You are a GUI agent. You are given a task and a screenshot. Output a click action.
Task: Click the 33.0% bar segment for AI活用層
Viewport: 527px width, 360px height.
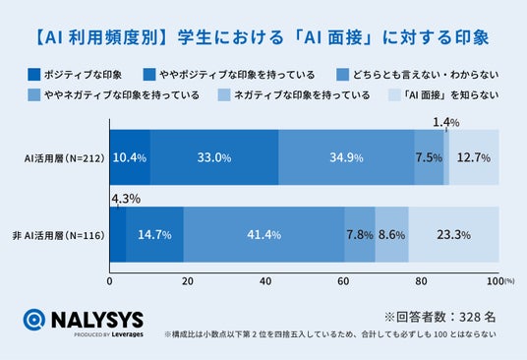click(214, 157)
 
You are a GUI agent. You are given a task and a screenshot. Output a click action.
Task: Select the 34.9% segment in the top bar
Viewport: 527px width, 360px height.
click(346, 157)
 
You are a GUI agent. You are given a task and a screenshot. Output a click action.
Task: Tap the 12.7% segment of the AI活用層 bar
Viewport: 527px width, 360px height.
click(474, 157)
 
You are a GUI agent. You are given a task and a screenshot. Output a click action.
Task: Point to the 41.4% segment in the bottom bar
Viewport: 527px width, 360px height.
click(263, 234)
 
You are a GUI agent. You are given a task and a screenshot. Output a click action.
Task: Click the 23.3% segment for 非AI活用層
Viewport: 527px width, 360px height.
click(453, 234)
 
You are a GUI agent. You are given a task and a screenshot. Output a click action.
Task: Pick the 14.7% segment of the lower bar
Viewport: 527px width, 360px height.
click(155, 234)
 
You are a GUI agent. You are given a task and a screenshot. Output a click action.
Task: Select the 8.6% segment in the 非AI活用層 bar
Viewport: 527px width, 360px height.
click(392, 234)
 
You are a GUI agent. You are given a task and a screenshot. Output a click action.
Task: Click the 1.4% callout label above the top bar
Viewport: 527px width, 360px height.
click(446, 122)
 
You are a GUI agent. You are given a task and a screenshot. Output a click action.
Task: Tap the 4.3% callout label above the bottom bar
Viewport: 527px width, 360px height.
click(126, 199)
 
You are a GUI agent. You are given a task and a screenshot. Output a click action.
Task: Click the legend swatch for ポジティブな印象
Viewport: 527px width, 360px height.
click(34, 75)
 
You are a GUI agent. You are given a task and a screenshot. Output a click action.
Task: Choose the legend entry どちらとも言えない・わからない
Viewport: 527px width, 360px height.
click(426, 75)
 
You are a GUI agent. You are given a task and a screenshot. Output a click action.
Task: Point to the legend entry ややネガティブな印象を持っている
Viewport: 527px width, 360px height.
click(122, 95)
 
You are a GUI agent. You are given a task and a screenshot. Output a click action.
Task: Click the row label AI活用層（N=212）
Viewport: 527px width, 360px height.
click(65, 158)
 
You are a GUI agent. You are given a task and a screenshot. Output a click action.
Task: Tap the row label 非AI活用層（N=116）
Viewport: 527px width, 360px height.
click(59, 235)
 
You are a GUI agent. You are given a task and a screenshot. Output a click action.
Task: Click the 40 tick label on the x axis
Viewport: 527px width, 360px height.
click(265, 281)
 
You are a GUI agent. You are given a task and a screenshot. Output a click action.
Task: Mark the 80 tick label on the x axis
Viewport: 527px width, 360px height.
click(421, 281)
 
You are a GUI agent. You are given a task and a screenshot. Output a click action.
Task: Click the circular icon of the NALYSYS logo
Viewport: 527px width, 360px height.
click(34, 320)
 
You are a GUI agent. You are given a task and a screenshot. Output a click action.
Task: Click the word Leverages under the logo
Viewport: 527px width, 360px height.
click(128, 334)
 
